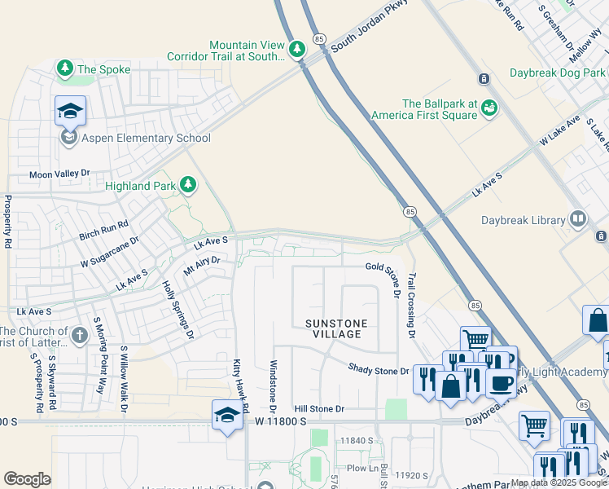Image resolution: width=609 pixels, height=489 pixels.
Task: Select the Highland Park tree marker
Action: tap(188, 185)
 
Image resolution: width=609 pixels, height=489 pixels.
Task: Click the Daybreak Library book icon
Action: tap(577, 219)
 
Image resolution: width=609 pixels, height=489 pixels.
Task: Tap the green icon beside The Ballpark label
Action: tap(489, 108)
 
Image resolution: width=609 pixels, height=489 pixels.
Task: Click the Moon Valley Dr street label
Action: tap(59, 174)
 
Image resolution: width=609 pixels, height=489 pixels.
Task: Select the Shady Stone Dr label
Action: tap(379, 370)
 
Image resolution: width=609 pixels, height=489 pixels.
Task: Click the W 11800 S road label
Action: tap(280, 421)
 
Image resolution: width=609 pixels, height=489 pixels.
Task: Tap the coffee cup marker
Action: tap(501, 381)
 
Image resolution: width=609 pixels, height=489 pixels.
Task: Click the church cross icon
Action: tap(78, 334)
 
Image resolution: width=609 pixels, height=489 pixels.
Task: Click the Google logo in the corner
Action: tap(27, 479)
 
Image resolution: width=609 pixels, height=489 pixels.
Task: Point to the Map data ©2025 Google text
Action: tap(558, 482)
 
